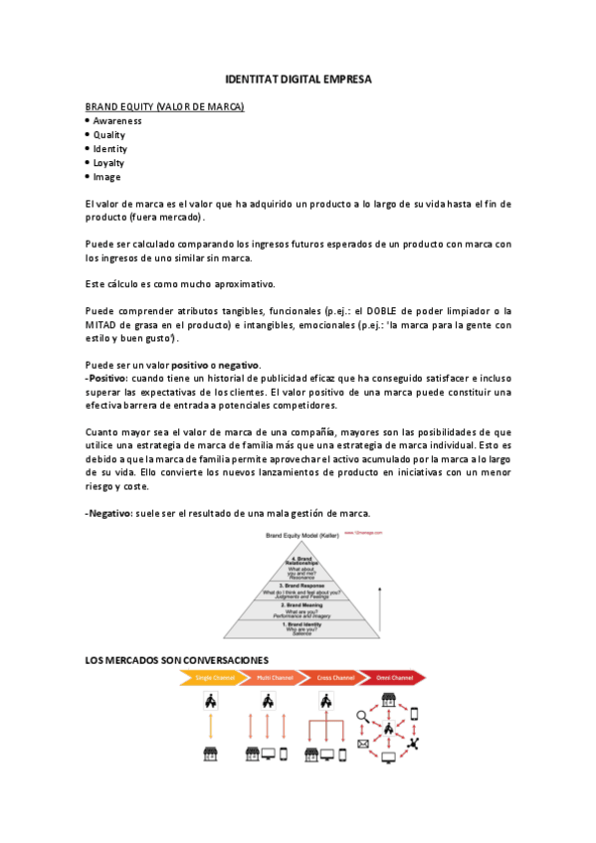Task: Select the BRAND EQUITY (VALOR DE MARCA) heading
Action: (x=164, y=106)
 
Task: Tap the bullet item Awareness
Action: (x=117, y=120)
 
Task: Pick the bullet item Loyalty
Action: (x=108, y=162)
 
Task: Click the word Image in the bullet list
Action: (x=106, y=177)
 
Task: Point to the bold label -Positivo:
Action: (x=106, y=379)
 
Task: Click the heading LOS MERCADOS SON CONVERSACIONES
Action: (x=176, y=659)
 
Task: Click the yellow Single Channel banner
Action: (x=210, y=677)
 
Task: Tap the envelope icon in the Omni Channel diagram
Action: (x=363, y=744)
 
